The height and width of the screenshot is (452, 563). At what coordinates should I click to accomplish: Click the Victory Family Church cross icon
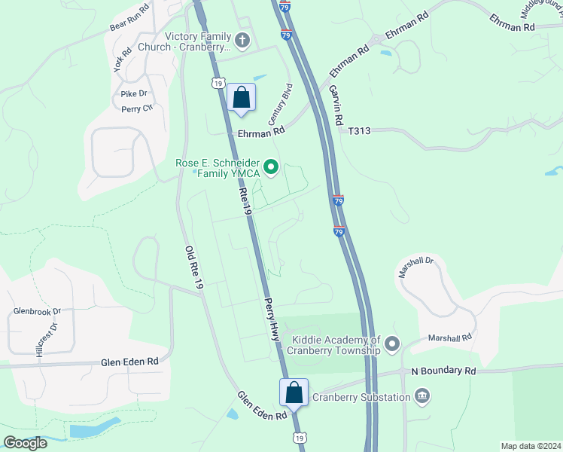(242, 39)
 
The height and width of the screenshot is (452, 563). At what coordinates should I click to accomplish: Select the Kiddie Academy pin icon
(392, 346)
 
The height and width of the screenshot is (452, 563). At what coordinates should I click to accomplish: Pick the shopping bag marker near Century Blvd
(241, 98)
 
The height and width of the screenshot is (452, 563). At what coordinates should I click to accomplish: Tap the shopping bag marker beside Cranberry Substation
(294, 392)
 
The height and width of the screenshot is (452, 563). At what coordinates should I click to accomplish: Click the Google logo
(26, 443)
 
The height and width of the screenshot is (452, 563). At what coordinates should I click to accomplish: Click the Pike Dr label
(134, 93)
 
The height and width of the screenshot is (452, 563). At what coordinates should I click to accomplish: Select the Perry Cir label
(137, 108)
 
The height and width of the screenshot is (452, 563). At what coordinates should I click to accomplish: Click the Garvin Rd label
(336, 105)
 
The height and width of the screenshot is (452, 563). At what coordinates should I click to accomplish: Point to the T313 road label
(360, 131)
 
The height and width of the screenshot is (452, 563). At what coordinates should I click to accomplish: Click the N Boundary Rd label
(443, 371)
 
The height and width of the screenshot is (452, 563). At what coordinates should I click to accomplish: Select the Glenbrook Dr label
(37, 310)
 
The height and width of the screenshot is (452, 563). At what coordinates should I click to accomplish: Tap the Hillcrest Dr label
(46, 340)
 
